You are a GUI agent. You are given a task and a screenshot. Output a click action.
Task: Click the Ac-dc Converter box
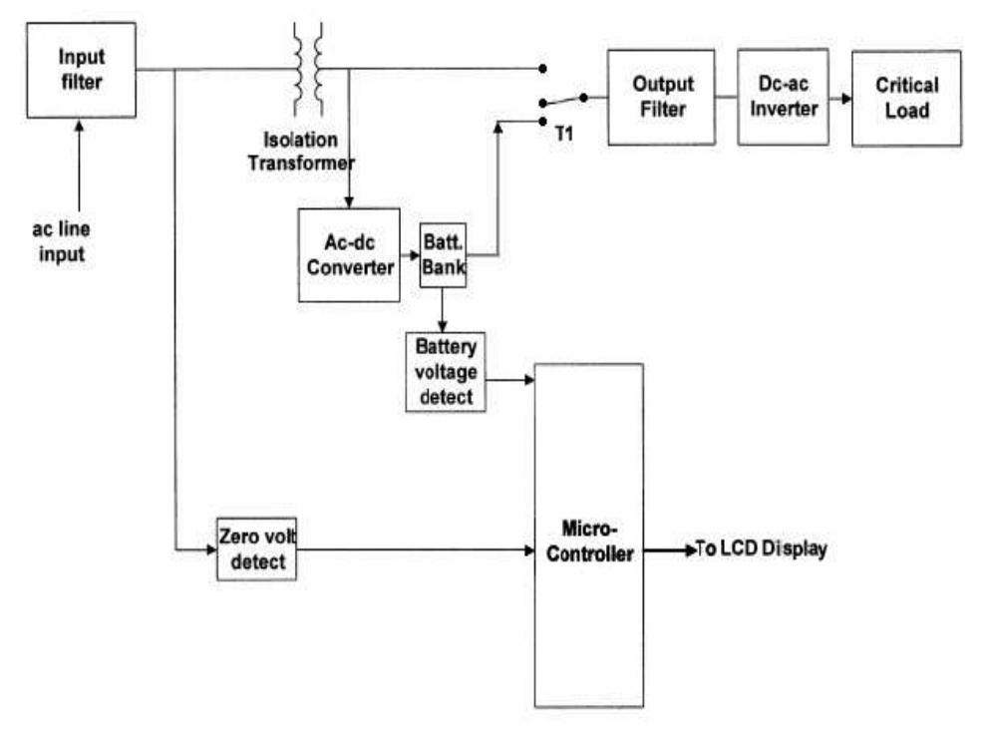(x=349, y=256)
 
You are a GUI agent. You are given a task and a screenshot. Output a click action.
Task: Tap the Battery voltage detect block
(x=445, y=372)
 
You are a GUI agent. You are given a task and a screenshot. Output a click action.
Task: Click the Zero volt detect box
(x=256, y=549)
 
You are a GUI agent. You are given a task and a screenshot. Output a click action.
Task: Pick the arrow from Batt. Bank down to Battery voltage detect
(x=443, y=310)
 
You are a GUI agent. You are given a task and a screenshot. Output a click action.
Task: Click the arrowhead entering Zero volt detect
(x=210, y=549)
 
